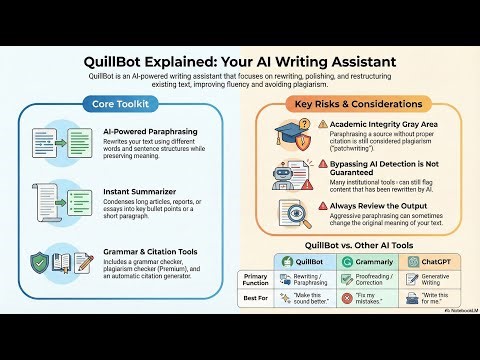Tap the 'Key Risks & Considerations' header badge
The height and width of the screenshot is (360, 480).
click(x=357, y=104)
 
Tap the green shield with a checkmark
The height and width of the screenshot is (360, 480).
click(x=41, y=262)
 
